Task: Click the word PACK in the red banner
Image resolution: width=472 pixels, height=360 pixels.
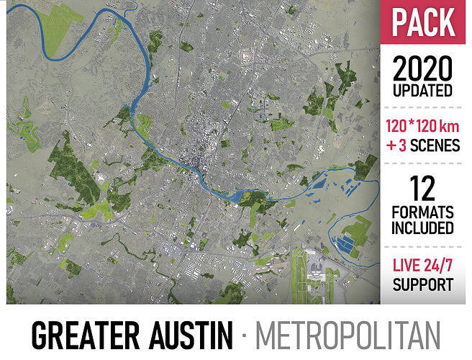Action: tap(423, 23)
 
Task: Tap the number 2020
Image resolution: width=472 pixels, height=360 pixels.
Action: tap(423, 69)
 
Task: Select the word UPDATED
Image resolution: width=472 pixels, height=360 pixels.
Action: tap(423, 91)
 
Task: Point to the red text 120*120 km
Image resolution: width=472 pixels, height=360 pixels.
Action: tap(423, 127)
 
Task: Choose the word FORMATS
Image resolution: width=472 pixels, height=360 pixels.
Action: tap(423, 212)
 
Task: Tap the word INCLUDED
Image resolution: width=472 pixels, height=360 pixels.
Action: tap(423, 229)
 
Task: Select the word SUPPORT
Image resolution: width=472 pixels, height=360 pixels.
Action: tap(423, 285)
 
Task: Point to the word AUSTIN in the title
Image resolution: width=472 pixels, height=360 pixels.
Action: tap(190, 336)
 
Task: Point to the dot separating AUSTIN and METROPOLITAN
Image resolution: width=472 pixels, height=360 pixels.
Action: tap(245, 336)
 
